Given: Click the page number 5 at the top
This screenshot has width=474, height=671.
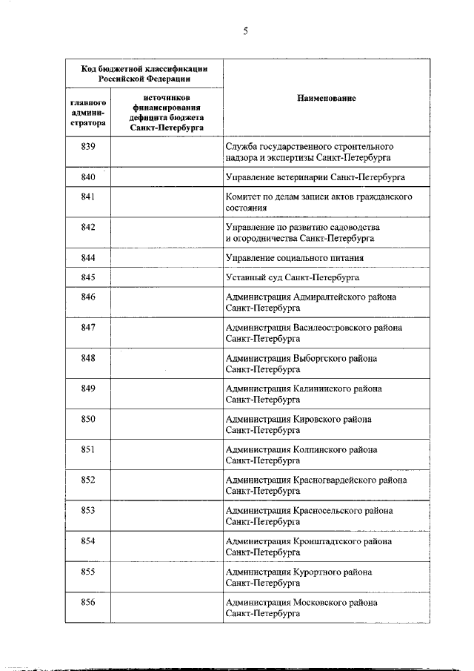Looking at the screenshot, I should point(244,30).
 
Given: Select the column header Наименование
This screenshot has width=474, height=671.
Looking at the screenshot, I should point(327,98).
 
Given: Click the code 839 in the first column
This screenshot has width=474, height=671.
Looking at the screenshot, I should point(88,147).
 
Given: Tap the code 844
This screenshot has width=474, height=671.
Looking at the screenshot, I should point(88,257).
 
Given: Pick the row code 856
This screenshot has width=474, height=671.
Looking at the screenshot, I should point(88,602).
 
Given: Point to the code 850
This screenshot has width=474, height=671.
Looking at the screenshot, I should point(88,419).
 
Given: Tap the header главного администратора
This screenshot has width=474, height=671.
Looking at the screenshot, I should point(88,112).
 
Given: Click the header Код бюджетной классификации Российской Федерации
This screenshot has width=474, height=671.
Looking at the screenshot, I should point(144,73).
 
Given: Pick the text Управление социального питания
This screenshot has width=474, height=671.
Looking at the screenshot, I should point(294,258).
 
